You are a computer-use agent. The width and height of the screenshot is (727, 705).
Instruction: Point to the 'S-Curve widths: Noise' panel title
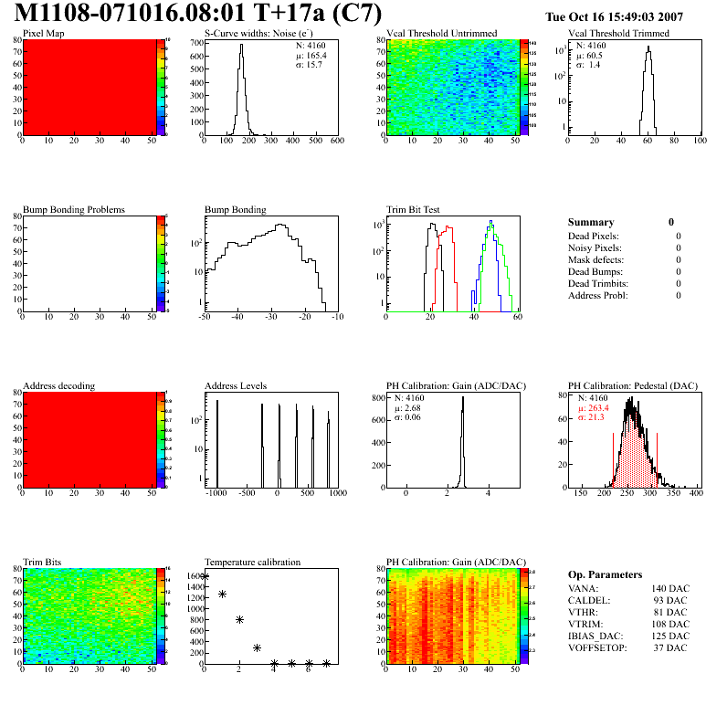click(255, 33)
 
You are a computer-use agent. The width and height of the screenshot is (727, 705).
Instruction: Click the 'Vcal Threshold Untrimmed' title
click(441, 33)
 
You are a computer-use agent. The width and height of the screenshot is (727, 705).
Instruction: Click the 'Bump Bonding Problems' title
click(73, 209)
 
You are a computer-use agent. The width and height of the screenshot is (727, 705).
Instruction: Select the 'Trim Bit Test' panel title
click(414, 209)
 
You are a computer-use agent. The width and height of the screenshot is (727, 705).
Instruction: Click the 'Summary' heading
click(591, 222)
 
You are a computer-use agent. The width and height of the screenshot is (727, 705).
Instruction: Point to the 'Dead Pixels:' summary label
click(595, 236)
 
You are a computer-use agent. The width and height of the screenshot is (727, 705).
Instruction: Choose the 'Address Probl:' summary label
click(598, 295)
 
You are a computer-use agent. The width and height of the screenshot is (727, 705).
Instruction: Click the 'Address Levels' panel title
click(237, 385)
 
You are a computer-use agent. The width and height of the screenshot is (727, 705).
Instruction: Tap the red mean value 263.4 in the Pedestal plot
click(598, 408)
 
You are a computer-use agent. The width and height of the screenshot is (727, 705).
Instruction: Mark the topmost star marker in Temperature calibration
click(205, 576)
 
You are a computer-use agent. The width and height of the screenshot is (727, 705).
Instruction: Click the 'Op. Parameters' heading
click(605, 574)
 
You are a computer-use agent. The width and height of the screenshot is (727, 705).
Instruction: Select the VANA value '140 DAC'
click(669, 588)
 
